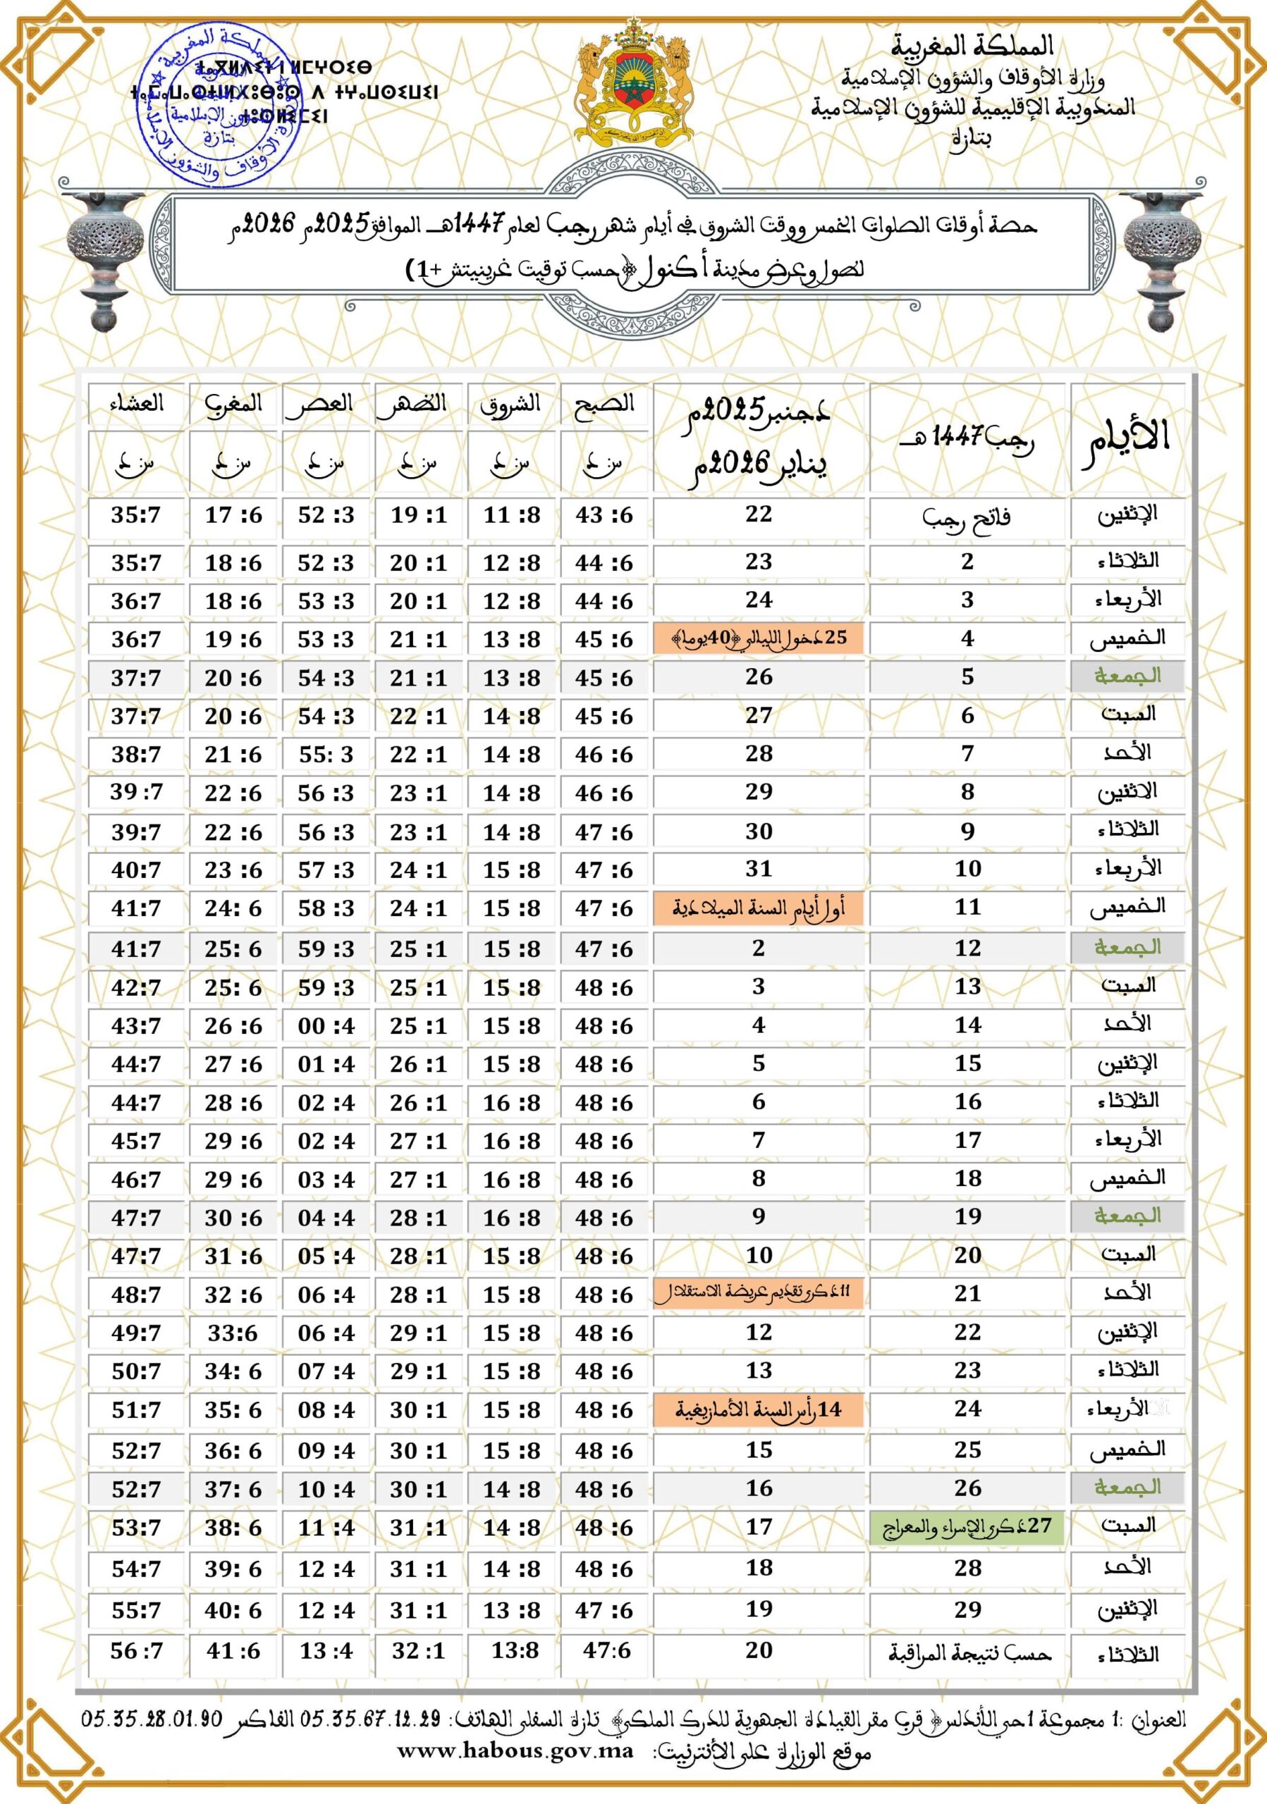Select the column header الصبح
[x=604, y=404]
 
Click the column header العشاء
[x=136, y=404]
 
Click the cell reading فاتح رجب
[x=967, y=517]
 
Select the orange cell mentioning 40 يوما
[x=759, y=638]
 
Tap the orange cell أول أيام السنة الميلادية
[x=759, y=908]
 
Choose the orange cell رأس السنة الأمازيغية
[x=759, y=1409]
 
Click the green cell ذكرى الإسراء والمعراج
[x=967, y=1526]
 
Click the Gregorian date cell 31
[x=759, y=868]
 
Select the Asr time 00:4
[x=326, y=1025]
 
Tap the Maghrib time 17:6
[x=233, y=515]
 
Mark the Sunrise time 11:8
[x=512, y=515]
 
